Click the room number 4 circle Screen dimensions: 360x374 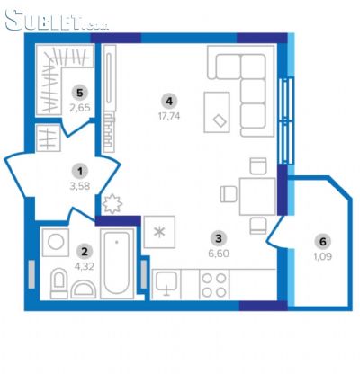click(x=169, y=102)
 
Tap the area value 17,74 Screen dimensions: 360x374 click(x=169, y=116)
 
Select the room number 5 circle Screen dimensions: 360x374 click(x=79, y=93)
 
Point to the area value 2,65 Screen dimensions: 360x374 click(x=80, y=108)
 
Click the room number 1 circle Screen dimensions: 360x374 click(x=80, y=172)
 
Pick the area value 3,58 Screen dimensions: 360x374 click(x=80, y=186)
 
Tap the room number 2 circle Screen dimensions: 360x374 click(x=85, y=251)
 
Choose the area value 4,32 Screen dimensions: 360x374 click(x=85, y=266)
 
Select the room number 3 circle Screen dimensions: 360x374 click(x=219, y=238)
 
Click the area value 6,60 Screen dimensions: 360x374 click(x=219, y=254)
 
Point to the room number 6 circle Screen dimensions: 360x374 click(x=323, y=242)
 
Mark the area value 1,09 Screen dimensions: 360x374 click(x=323, y=256)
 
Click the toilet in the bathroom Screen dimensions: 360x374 click(x=58, y=283)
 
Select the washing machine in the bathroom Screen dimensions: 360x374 click(x=56, y=242)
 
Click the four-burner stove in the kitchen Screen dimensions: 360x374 click(x=214, y=285)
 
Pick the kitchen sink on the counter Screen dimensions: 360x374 click(x=166, y=283)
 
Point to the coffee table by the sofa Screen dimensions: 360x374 click(x=217, y=112)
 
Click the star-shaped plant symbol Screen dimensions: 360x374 click(x=112, y=204)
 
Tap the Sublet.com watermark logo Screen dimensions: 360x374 click(x=57, y=21)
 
